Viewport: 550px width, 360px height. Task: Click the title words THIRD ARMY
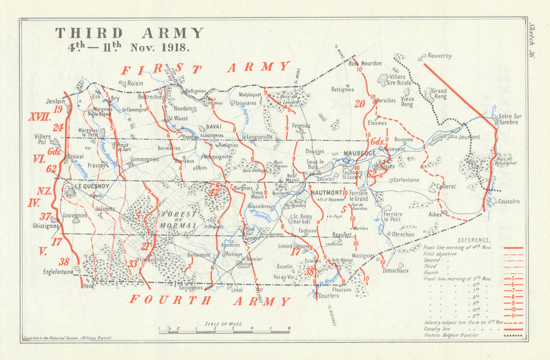tap(129, 33)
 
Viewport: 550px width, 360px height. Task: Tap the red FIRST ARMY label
tap(205, 69)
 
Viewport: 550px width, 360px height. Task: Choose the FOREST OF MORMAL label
tap(177, 219)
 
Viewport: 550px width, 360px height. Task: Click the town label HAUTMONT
tap(327, 193)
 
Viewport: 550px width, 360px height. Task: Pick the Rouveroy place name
tap(439, 56)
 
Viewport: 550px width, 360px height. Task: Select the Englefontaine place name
tap(58, 272)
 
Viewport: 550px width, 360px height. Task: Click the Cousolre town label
tap(508, 202)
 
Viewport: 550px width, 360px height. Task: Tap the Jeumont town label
tap(469, 137)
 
